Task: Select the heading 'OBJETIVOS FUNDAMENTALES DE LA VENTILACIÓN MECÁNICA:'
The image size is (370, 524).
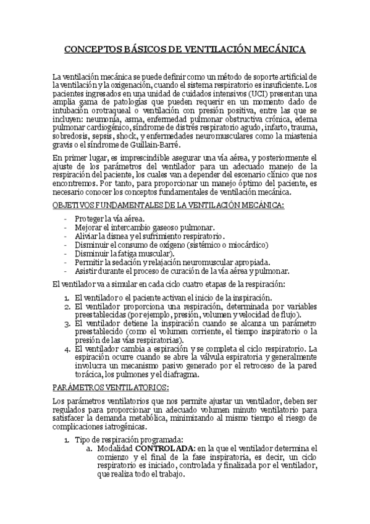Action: point(168,205)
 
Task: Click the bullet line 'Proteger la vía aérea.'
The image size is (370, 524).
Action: point(109,219)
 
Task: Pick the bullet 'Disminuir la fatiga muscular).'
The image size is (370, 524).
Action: point(124,253)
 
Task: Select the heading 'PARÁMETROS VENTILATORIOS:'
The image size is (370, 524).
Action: point(111,387)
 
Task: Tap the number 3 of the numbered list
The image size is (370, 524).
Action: point(67,323)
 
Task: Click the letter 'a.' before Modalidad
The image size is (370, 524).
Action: point(90,448)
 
